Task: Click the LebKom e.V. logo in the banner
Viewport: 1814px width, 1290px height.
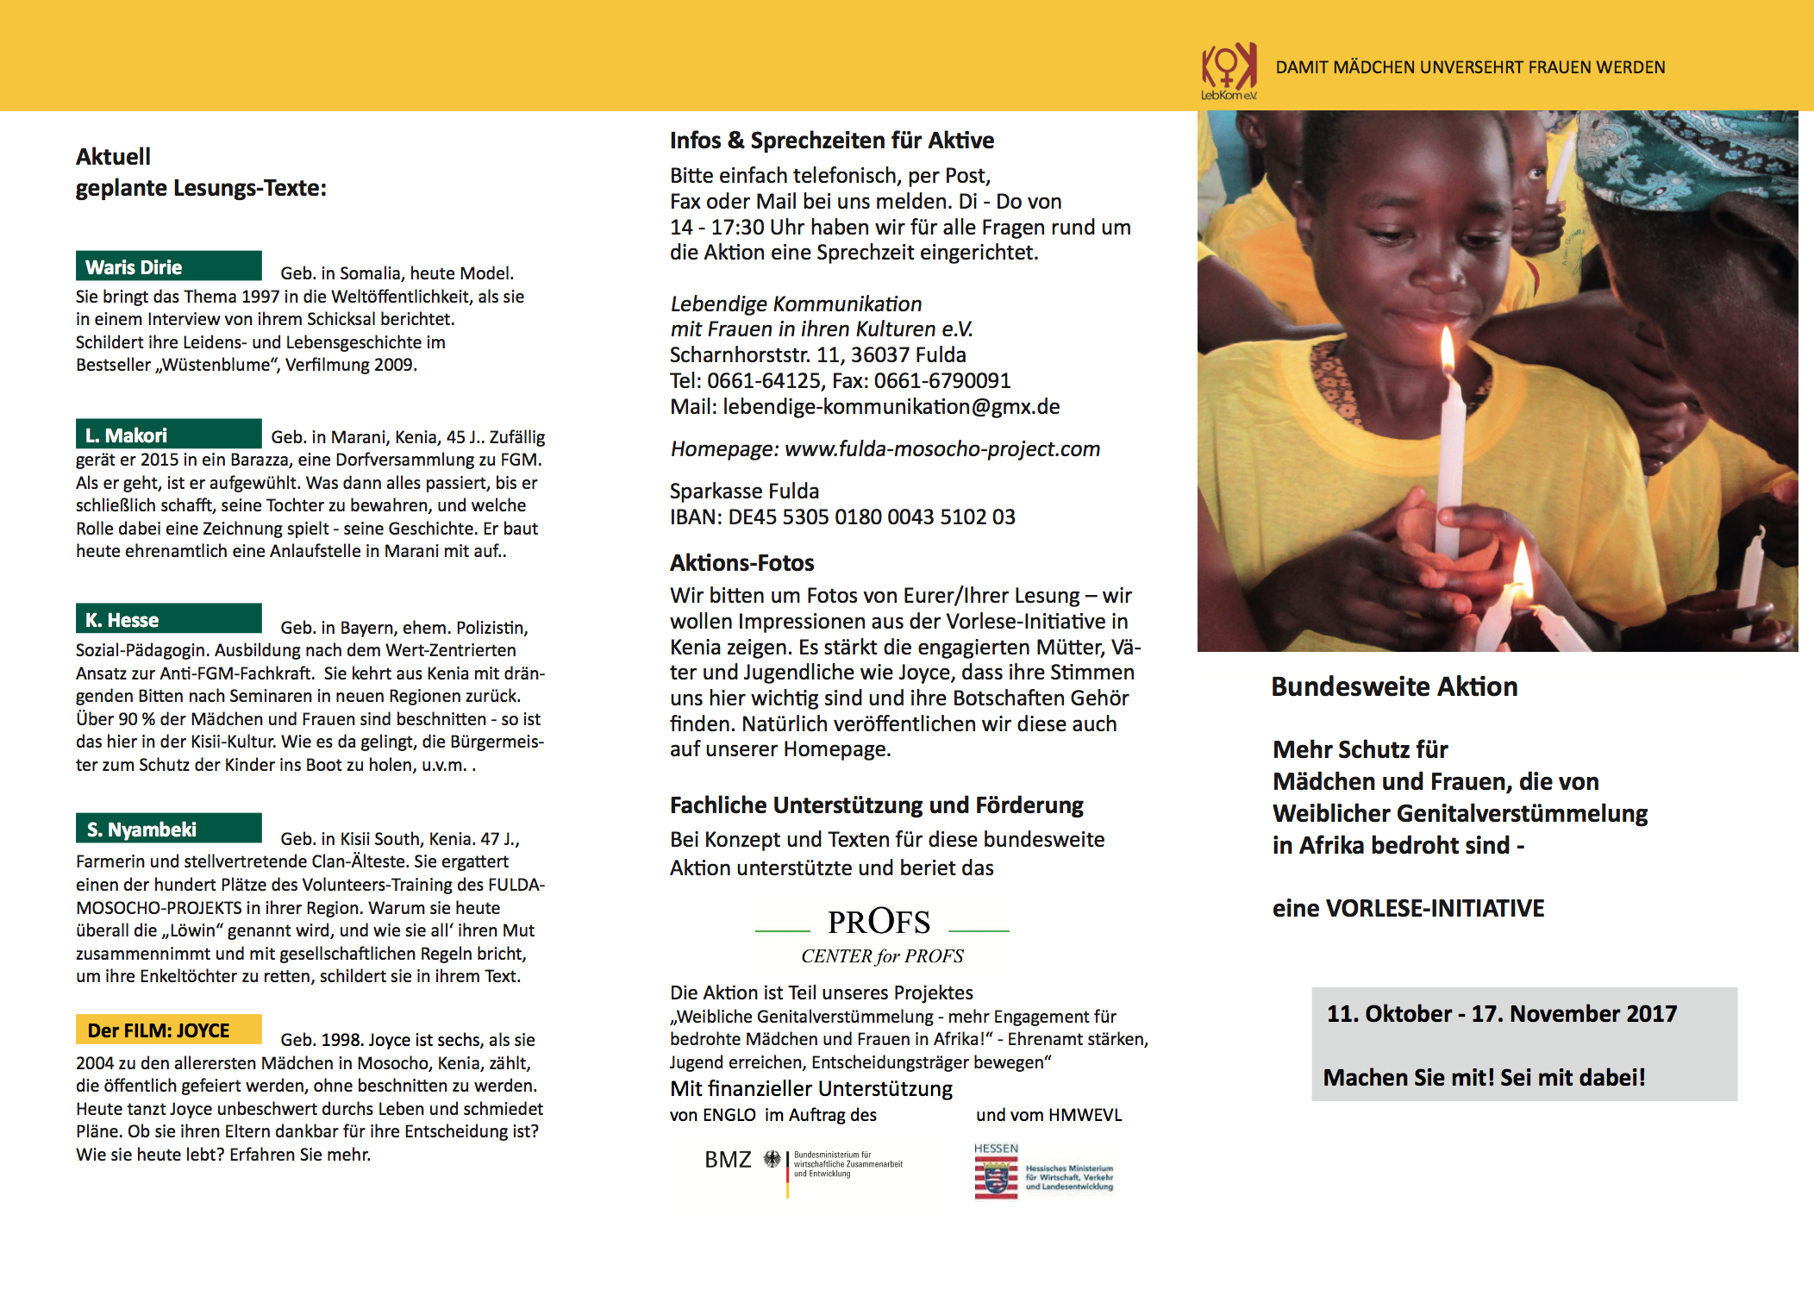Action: tap(1229, 69)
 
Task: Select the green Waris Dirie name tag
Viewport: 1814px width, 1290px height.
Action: tap(168, 266)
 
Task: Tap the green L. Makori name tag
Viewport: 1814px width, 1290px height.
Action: tap(168, 435)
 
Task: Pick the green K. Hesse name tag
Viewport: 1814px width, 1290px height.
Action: tap(168, 619)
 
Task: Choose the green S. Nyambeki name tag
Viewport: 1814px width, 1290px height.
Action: tap(168, 829)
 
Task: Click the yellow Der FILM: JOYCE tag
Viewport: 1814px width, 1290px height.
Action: tap(168, 1030)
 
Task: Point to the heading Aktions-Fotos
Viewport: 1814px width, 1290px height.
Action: tap(741, 563)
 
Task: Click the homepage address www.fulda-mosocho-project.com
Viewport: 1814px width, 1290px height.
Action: tap(942, 449)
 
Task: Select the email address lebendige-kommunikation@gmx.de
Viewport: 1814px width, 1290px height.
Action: tap(891, 407)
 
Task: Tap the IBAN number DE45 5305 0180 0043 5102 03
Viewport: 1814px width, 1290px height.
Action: tap(872, 517)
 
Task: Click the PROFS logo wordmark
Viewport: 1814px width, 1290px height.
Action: tap(879, 923)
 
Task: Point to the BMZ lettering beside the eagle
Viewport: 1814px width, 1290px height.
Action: tap(728, 1160)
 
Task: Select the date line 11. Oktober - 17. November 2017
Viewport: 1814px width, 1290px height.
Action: tap(1501, 1014)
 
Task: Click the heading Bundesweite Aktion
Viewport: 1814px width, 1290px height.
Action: tap(1394, 687)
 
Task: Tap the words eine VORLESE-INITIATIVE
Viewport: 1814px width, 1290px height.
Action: tap(1408, 909)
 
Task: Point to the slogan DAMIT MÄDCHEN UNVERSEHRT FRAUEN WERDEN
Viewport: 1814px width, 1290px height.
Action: tap(1470, 67)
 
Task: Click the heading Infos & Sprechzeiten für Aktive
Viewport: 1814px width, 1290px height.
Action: tap(831, 141)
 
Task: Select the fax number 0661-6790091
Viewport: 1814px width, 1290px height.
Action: tap(942, 381)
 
